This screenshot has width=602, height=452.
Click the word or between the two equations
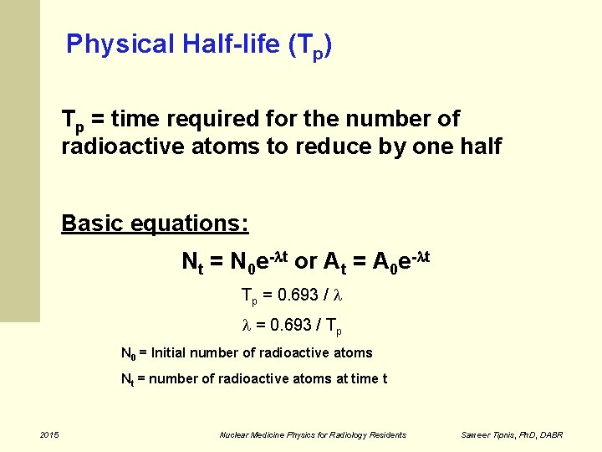tap(305, 261)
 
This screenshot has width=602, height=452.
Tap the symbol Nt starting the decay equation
tap(192, 262)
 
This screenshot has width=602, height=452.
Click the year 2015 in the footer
tap(49, 434)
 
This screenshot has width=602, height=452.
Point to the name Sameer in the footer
tap(477, 434)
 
